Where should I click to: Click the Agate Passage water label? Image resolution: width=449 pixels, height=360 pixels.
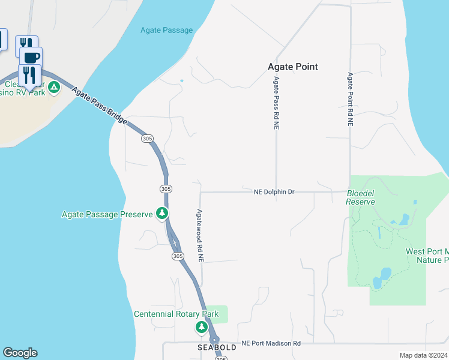coord(166,30)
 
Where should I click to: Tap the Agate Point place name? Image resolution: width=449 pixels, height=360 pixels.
coord(292,67)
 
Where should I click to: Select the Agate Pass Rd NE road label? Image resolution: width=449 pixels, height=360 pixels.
coord(276,103)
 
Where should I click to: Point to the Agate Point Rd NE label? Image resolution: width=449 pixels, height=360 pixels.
coord(350,99)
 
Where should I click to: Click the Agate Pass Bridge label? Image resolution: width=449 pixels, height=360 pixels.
coord(100,106)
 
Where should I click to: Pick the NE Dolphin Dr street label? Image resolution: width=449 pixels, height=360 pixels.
coord(274,192)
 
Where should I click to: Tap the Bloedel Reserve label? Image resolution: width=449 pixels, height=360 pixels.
coord(361,197)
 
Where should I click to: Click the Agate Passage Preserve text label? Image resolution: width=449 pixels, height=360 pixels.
coord(107,214)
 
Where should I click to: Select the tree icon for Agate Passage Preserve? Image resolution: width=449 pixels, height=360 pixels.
coord(161,213)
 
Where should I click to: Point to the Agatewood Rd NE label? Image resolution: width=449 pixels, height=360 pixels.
coord(200,235)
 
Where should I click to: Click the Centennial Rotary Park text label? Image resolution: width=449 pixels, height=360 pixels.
coord(176,314)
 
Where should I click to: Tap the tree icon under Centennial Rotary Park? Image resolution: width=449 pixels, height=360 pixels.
coord(202,328)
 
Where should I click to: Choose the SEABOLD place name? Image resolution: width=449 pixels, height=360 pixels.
coord(214,347)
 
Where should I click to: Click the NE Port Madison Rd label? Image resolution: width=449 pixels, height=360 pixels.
coord(271,343)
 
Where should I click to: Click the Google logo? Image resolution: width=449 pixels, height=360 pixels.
coord(20,353)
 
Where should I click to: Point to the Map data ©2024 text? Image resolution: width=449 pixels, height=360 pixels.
coord(423,355)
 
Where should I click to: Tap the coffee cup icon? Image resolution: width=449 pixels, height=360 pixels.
coord(31,57)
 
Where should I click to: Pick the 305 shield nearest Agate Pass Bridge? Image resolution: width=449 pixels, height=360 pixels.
coord(148,139)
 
